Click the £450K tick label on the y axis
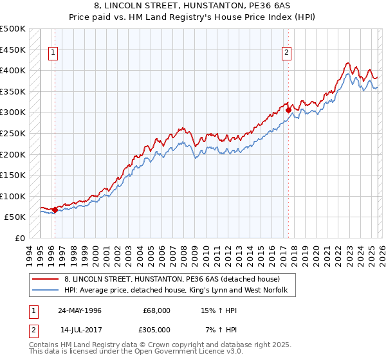pyautogui.click(x=13, y=50)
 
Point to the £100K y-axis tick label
pyautogui.click(x=13, y=196)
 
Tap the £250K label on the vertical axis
pyautogui.click(x=13, y=133)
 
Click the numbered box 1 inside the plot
pyautogui.click(x=52, y=53)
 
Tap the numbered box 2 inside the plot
pyautogui.click(x=286, y=53)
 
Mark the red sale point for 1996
pyautogui.click(x=55, y=209)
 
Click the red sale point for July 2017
pyautogui.click(x=288, y=110)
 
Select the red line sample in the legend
pyautogui.click(x=46, y=280)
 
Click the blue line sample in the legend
pyautogui.click(x=46, y=291)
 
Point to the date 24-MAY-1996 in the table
pyautogui.click(x=80, y=310)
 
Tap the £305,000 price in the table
pyautogui.click(x=156, y=329)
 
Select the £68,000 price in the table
pyautogui.click(x=156, y=310)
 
